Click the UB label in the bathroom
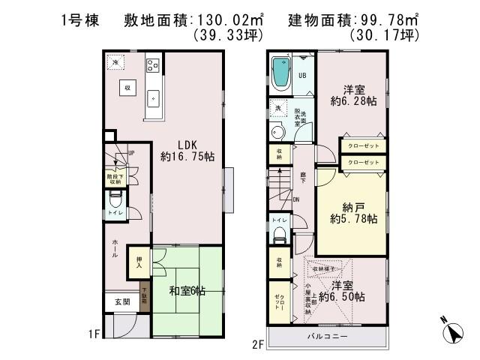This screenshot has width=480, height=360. [x=302, y=76]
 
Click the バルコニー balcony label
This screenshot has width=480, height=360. [x=327, y=337]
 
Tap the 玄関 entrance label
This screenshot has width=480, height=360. [x=121, y=301]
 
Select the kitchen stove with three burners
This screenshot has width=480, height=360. [x=154, y=65]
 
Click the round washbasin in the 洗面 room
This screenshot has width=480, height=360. [x=277, y=133]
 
